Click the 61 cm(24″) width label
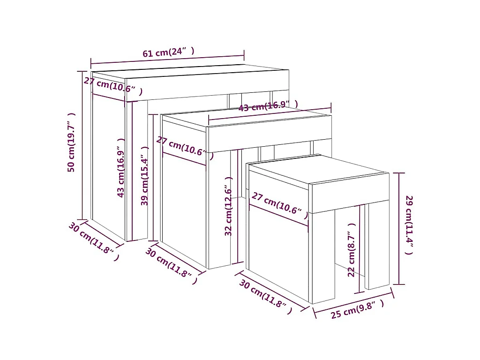(168, 52)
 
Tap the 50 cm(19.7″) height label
(71, 142)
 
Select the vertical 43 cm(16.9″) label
(121, 168)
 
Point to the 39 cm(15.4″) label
(144, 176)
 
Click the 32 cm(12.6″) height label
(228, 206)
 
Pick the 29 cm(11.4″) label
(409, 225)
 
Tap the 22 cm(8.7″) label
(352, 250)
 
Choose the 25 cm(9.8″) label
(357, 309)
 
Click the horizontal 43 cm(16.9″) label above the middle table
(268, 106)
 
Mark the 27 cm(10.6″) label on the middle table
(185, 148)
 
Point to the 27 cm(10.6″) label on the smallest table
(280, 205)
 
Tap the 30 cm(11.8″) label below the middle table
(171, 265)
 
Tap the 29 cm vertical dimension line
(399, 229)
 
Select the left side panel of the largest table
(108, 167)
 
